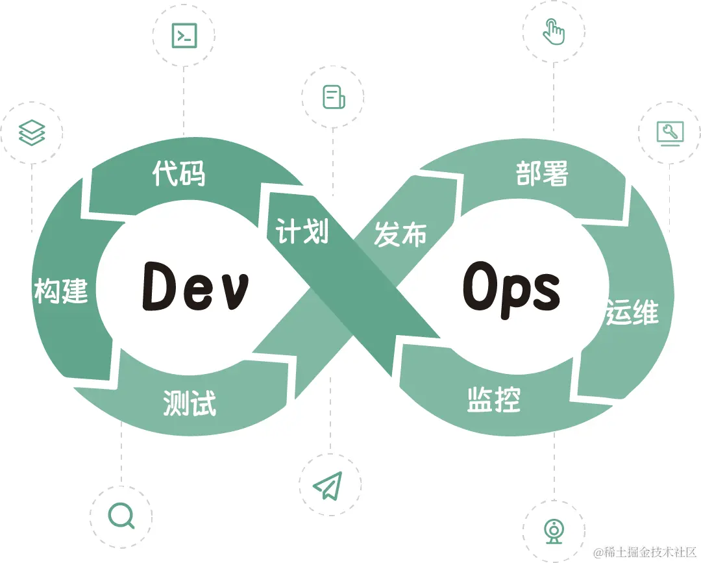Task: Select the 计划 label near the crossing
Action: pos(302,231)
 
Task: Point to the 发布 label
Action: pos(400,234)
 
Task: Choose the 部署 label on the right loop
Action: pos(543,173)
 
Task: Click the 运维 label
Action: pos(632,312)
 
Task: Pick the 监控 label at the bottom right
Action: pos(494,399)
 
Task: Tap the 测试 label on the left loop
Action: pos(189,403)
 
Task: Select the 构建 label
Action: pos(61,292)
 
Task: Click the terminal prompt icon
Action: pos(184,35)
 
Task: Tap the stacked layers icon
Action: pos(32,132)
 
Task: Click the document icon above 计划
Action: pos(334,97)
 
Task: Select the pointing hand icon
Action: pos(554,32)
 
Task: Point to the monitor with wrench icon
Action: pos(670,132)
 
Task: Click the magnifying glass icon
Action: pos(121,516)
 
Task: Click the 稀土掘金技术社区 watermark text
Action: pos(645,552)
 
